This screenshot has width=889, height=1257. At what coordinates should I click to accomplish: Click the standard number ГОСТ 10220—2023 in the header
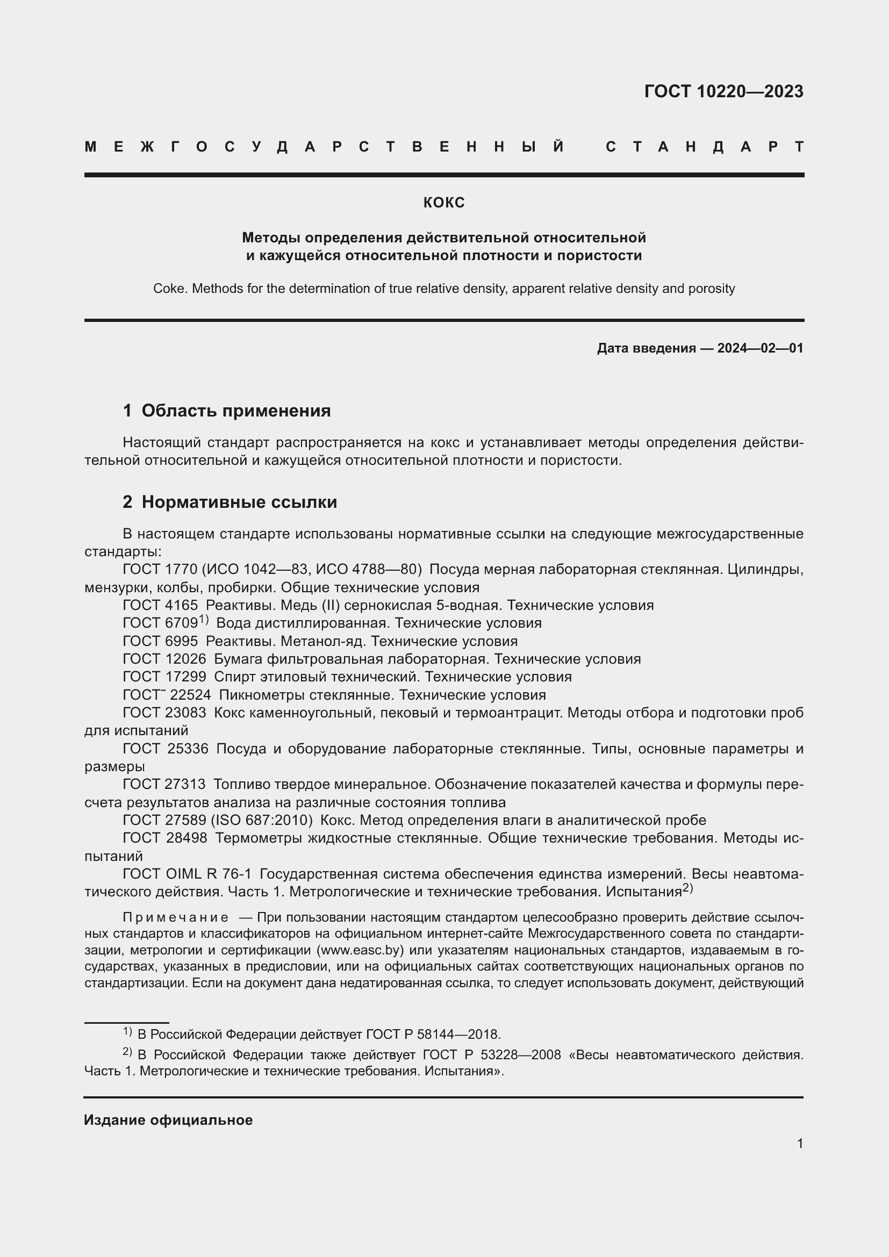[x=723, y=91]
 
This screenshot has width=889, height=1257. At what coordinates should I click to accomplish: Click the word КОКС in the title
[x=444, y=203]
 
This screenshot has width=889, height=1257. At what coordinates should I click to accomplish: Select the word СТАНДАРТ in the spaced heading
[x=705, y=147]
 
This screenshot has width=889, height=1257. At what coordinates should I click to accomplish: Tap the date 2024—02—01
[x=760, y=348]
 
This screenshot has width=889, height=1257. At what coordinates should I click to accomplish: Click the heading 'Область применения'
[x=236, y=411]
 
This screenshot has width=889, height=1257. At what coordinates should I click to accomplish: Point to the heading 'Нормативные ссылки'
[x=239, y=502]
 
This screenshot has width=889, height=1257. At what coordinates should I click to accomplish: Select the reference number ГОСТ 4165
[x=160, y=606]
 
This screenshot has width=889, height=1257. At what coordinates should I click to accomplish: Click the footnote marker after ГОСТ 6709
[x=204, y=620]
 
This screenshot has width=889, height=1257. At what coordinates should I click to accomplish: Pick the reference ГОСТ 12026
[x=164, y=659]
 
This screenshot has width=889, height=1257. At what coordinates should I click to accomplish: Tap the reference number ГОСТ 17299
[x=164, y=677]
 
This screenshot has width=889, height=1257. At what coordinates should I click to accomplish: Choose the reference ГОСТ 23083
[x=164, y=713]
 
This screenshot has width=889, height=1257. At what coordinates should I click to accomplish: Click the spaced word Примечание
[x=175, y=917]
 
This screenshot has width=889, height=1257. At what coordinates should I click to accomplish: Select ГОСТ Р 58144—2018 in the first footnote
[x=433, y=1035]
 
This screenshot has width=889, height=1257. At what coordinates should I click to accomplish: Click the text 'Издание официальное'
[x=168, y=1120]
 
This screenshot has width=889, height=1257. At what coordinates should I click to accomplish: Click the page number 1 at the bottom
[x=800, y=1144]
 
